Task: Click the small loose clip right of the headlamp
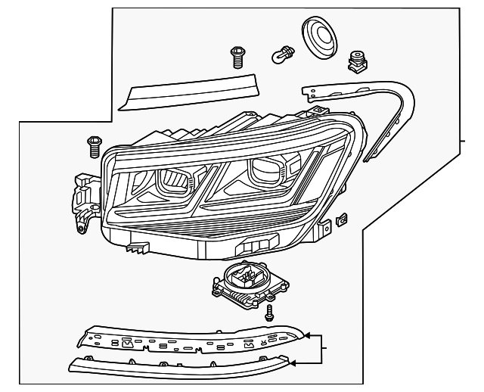(340, 220)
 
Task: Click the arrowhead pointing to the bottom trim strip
(294, 363)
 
